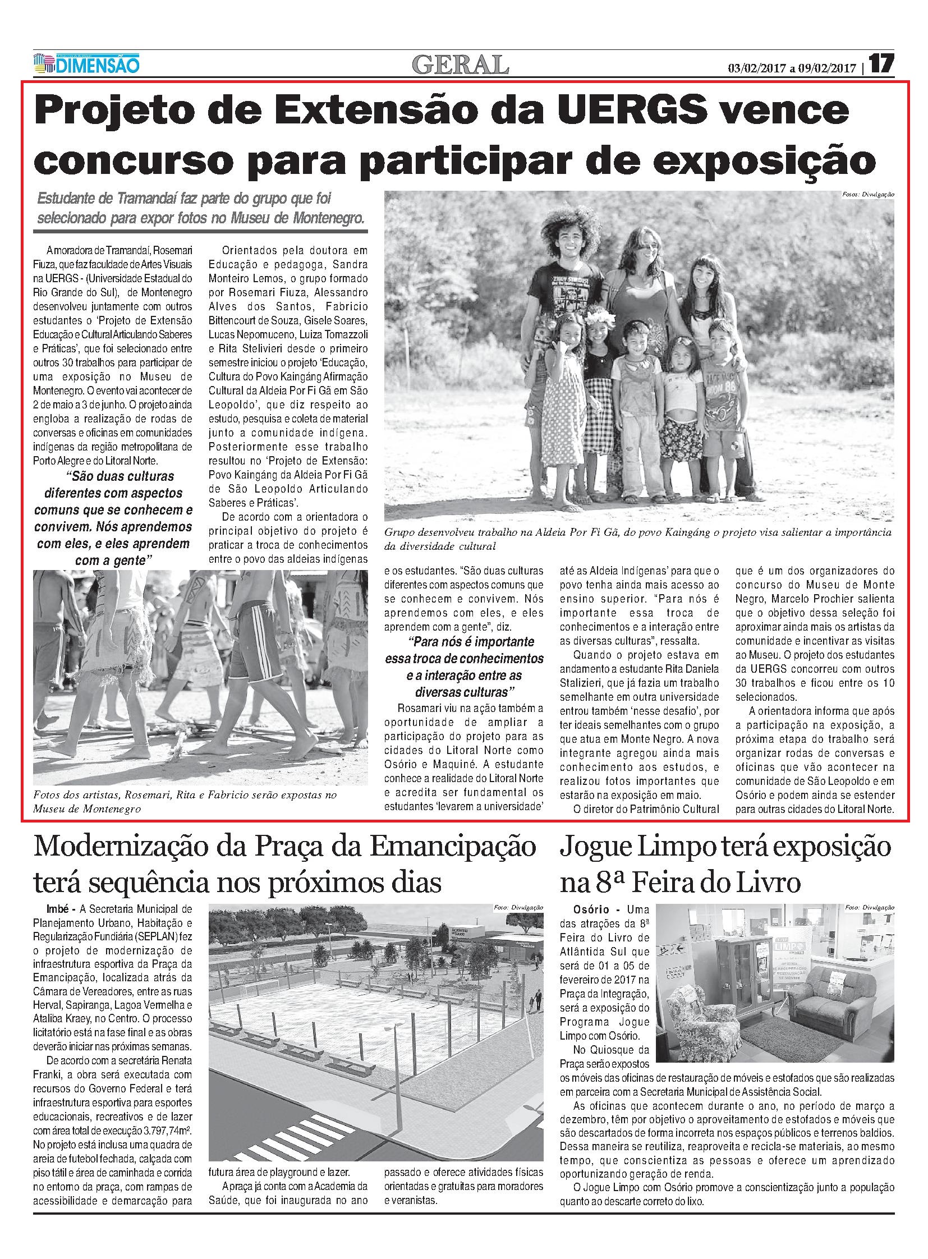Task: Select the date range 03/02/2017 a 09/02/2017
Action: coord(794,68)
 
